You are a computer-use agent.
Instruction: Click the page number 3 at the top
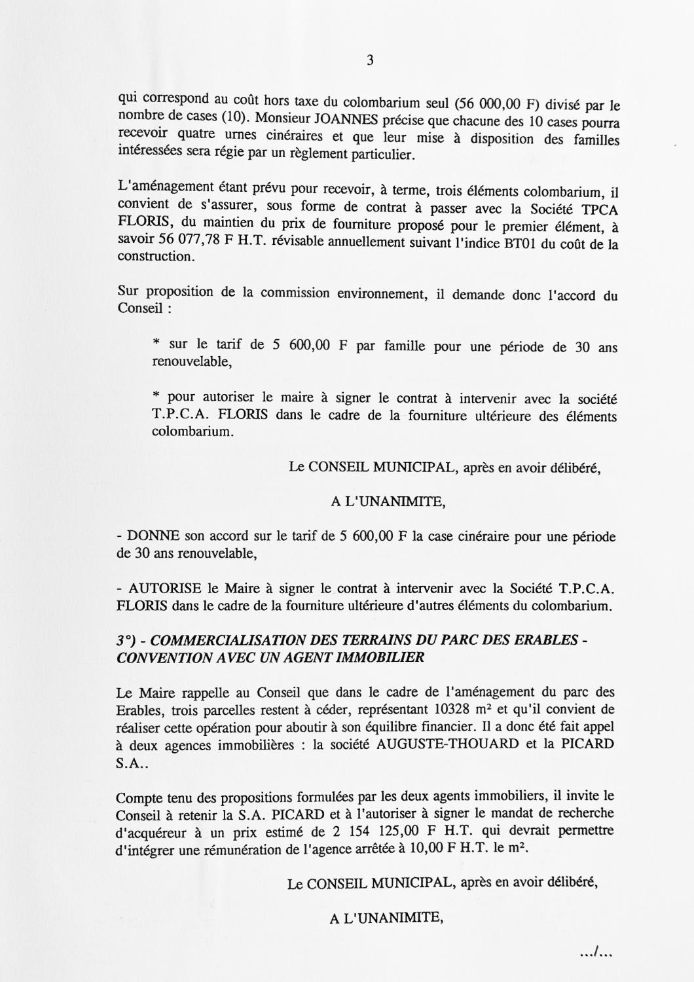370,61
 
